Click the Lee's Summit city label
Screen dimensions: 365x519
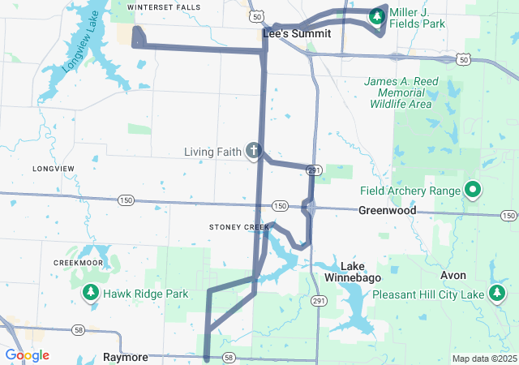click(x=297, y=34)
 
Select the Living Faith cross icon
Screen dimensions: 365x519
click(x=254, y=150)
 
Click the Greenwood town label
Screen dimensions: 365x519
click(x=387, y=211)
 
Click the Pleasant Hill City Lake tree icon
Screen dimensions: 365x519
click(x=496, y=294)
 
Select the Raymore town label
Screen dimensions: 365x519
click(x=125, y=357)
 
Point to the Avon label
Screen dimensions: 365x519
click(x=453, y=275)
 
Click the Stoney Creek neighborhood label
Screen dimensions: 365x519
click(x=238, y=227)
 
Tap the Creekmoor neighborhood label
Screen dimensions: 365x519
click(x=78, y=263)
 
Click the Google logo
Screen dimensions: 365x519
click(x=27, y=355)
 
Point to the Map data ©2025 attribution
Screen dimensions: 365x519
click(x=483, y=359)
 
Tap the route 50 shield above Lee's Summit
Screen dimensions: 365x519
click(x=257, y=16)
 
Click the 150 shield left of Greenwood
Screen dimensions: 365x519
click(x=279, y=206)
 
